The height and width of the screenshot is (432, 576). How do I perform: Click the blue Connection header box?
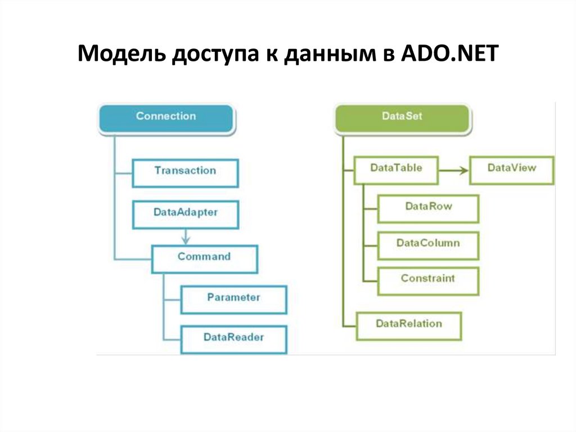166,117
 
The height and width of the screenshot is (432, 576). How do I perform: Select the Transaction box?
185,171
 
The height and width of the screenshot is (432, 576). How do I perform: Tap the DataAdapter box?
185,214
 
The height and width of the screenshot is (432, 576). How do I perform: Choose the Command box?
204,257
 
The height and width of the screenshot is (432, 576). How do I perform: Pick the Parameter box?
233,298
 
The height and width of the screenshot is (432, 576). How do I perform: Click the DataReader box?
233,339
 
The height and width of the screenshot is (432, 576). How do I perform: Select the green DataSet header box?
402,117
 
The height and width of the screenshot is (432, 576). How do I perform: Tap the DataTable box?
396,168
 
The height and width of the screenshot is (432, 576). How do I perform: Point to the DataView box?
511,168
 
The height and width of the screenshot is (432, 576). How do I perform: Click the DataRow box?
428,207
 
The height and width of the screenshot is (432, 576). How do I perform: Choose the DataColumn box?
428,244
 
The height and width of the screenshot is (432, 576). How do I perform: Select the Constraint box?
428,279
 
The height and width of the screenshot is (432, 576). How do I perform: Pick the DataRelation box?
409,324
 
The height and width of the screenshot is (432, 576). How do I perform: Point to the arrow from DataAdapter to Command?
186,235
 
